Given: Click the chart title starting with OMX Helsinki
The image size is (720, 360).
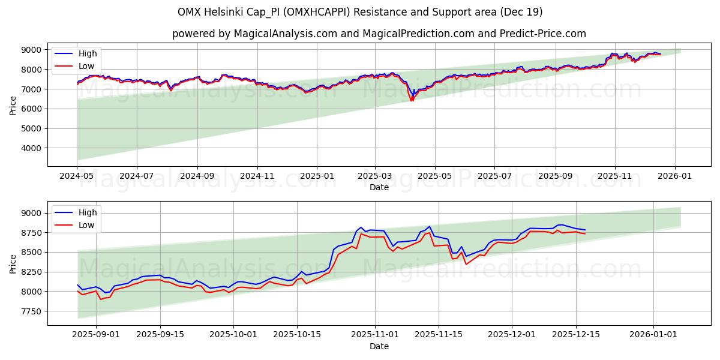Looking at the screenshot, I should (360, 12).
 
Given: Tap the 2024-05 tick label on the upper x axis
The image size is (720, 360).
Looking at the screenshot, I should (77, 176).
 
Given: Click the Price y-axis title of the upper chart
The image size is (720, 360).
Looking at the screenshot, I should (13, 104).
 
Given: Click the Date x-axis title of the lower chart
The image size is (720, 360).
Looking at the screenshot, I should (379, 346).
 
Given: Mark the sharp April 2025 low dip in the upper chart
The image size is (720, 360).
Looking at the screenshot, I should (412, 100).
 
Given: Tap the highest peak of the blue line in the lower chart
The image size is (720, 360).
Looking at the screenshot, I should (430, 227).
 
